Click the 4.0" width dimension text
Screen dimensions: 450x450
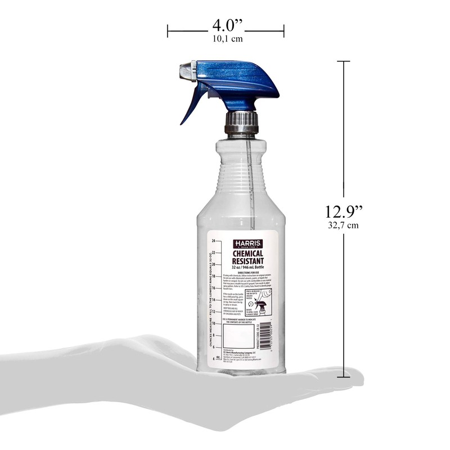226,26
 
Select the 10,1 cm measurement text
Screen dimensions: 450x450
226,39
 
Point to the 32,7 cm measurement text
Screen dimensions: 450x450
343,226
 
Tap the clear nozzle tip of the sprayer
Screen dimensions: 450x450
185,71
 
